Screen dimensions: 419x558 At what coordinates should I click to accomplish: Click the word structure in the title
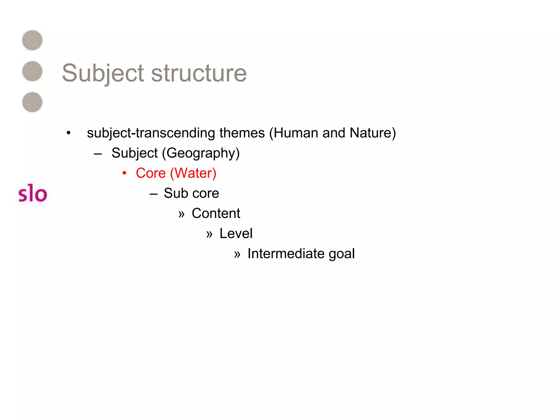point(199,73)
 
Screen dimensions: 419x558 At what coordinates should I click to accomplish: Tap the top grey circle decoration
point(32,40)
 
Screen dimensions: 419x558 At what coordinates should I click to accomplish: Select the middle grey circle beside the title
point(32,71)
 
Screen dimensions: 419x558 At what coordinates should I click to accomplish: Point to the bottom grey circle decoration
point(32,102)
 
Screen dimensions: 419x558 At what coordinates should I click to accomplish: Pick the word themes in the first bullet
point(242,133)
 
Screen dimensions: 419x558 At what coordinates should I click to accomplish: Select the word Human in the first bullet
point(296,133)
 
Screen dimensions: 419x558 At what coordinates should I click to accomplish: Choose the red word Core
point(151,173)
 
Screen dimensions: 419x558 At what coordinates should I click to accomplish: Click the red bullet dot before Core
point(124,173)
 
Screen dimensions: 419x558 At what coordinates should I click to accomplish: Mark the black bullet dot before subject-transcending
point(68,133)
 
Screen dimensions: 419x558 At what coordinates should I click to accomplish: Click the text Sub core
point(191,193)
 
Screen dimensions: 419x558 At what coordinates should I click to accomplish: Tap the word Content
point(216,213)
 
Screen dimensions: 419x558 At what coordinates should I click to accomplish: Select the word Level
point(236,234)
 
